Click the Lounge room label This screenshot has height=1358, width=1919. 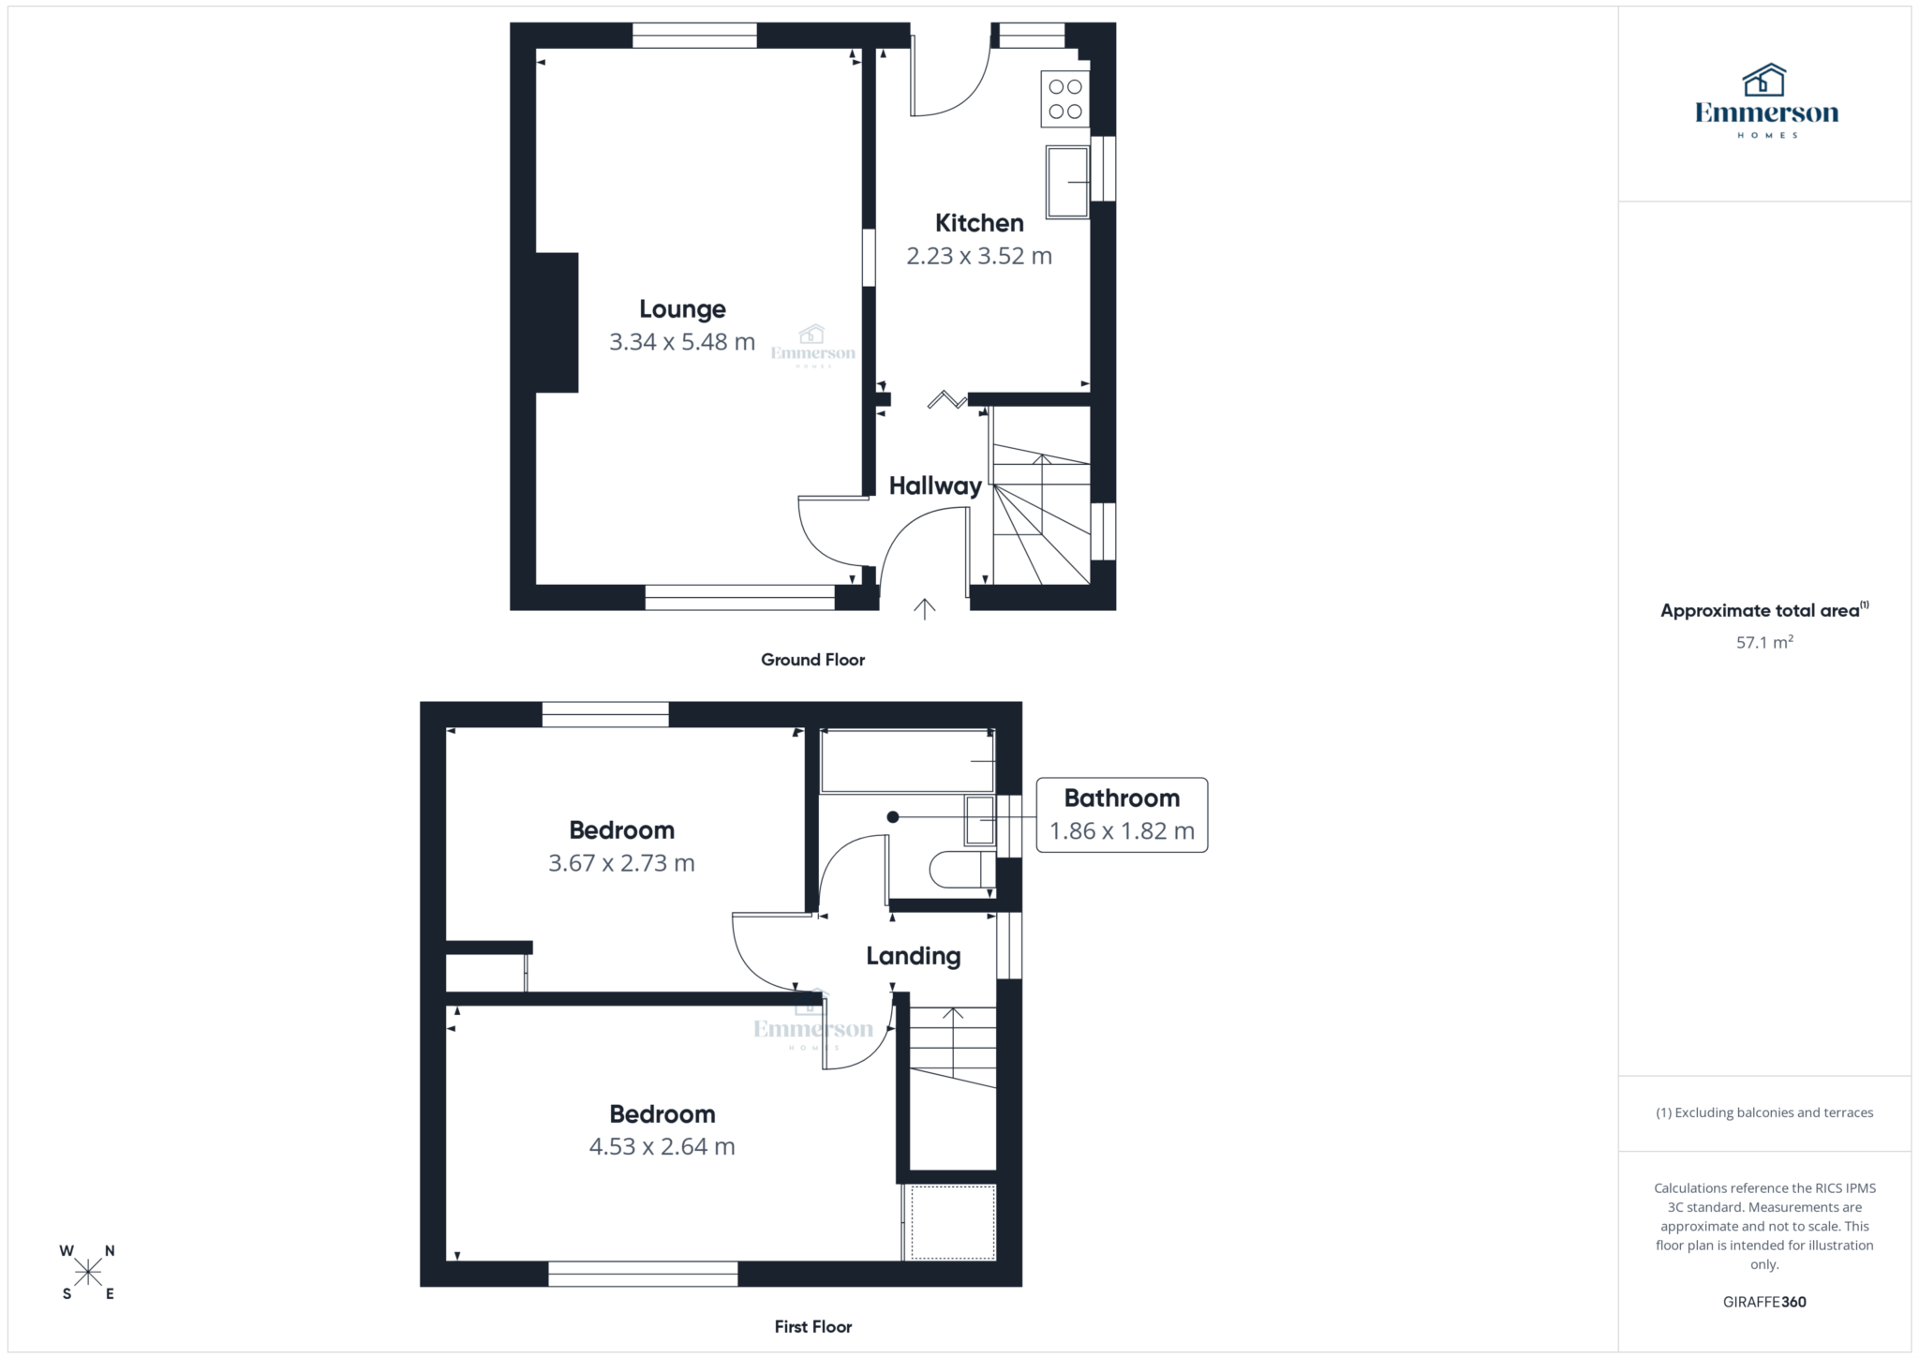click(x=682, y=309)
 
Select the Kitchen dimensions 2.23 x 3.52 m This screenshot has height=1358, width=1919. click(x=979, y=256)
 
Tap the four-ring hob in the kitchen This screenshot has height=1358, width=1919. click(x=1065, y=99)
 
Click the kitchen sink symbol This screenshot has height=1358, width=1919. click(x=1067, y=182)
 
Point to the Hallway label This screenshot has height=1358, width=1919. click(x=935, y=485)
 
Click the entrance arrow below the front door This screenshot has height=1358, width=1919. click(x=925, y=610)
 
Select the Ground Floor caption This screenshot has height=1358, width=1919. click(x=812, y=660)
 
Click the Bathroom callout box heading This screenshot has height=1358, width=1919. click(x=1122, y=798)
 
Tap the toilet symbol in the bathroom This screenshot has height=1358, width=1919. click(x=961, y=870)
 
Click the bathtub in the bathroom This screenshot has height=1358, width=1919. click(x=907, y=762)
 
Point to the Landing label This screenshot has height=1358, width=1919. click(x=913, y=956)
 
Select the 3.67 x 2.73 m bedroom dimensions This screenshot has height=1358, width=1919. click(x=621, y=863)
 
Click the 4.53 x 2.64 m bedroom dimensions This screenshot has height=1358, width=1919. click(x=662, y=1147)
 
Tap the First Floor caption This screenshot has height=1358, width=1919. click(x=812, y=1327)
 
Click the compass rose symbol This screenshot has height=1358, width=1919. click(x=88, y=1272)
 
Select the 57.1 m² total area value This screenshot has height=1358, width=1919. click(x=1764, y=643)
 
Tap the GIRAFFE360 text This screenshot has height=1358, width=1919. click(x=1764, y=1302)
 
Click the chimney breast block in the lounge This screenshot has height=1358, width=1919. click(x=557, y=322)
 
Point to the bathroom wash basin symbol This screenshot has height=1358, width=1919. click(x=980, y=820)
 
